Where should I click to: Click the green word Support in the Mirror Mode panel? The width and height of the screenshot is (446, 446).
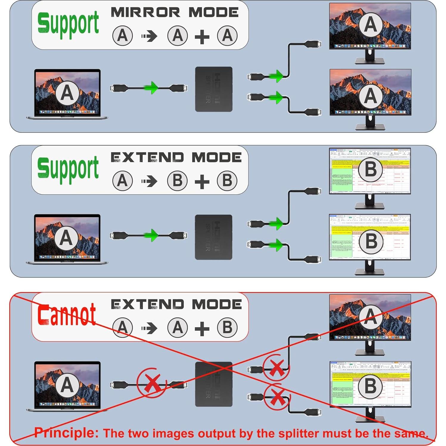click(68, 24)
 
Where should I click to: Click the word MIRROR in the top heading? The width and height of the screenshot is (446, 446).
click(145, 13)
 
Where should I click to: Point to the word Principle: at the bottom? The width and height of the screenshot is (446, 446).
click(66, 432)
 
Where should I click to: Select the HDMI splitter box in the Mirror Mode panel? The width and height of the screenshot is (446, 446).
click(214, 89)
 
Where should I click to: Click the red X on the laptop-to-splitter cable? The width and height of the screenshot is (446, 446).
click(152, 383)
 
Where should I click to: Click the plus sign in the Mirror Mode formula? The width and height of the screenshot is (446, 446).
click(202, 37)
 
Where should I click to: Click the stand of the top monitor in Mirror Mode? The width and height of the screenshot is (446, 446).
click(370, 57)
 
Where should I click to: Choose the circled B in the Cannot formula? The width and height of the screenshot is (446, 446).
click(227, 327)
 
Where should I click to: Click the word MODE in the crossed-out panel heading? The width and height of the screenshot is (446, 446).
click(217, 304)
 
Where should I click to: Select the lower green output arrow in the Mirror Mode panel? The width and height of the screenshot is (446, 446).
click(277, 98)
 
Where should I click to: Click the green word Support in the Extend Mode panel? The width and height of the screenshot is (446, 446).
click(68, 169)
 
